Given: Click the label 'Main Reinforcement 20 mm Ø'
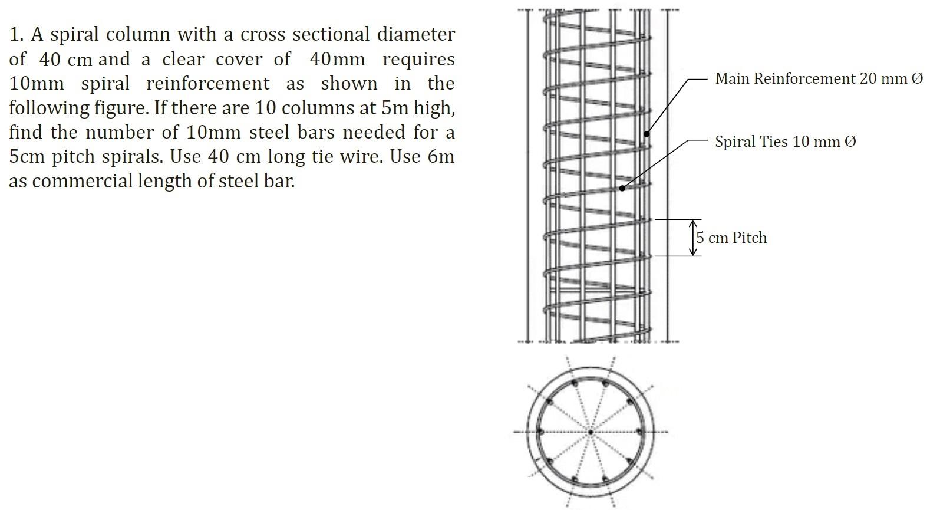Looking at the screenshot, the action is (819, 78).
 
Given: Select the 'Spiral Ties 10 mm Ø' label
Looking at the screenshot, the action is (785, 142).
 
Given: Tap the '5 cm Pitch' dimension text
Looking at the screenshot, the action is (731, 238).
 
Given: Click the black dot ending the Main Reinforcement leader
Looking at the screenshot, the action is (647, 134).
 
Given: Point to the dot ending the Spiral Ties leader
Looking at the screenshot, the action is (622, 187).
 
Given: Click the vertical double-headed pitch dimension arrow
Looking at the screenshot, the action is (694, 238).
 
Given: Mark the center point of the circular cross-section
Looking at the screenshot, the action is (591, 432).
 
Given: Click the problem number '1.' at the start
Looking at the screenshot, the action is (17, 35).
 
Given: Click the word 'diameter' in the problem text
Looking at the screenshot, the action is (416, 35).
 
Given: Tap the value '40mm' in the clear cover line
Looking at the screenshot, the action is (337, 60).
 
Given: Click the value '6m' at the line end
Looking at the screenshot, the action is (441, 157).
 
